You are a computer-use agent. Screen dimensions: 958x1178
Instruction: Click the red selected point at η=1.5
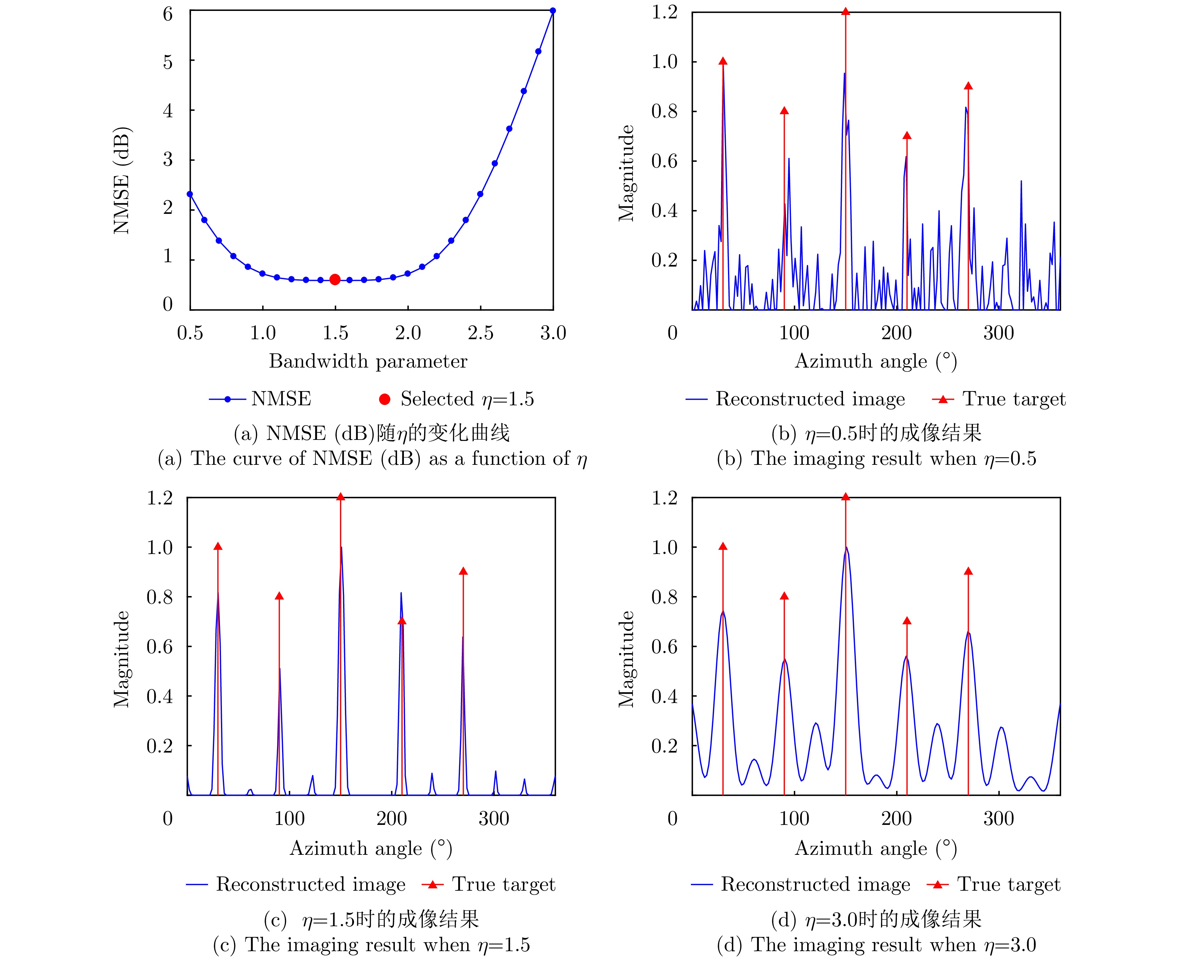click(335, 280)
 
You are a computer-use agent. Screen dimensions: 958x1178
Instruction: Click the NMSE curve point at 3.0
click(553, 11)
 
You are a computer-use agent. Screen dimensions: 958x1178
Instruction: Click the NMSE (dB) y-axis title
click(121, 181)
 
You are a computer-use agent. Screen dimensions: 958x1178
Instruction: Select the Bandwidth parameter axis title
click(368, 361)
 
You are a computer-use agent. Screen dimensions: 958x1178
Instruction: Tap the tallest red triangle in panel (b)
click(845, 12)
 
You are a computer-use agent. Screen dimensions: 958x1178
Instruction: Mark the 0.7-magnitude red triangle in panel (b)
click(907, 136)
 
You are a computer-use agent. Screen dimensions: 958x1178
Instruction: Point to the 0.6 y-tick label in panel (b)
click(664, 161)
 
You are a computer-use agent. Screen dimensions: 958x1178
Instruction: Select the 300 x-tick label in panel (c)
click(494, 818)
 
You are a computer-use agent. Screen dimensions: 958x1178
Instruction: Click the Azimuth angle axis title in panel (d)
click(876, 848)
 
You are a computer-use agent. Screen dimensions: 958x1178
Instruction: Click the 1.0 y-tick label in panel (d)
click(664, 547)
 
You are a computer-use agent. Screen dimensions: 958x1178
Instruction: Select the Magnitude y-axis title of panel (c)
click(121, 659)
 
